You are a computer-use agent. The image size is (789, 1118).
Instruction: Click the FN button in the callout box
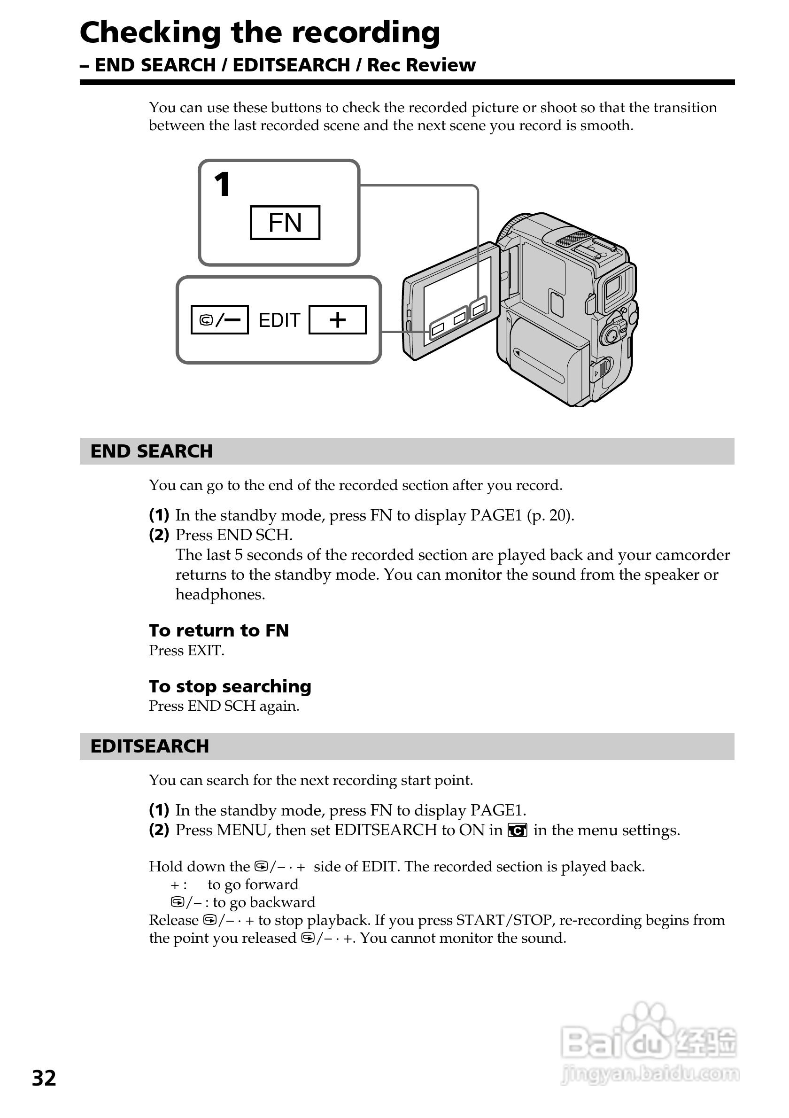click(285, 223)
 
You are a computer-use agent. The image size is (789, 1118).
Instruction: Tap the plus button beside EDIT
click(337, 320)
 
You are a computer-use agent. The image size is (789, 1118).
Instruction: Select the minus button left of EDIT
click(219, 320)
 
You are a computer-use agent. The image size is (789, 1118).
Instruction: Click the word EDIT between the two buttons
click(279, 320)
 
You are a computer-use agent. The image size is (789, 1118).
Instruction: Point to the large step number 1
click(223, 185)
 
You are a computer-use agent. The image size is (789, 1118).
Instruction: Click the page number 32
click(44, 1079)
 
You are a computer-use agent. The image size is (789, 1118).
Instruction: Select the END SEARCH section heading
click(151, 451)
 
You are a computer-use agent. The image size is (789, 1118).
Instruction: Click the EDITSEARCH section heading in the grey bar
click(149, 746)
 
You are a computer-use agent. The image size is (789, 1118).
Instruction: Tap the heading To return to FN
click(218, 630)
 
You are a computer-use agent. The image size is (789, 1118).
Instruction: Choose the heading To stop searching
click(230, 687)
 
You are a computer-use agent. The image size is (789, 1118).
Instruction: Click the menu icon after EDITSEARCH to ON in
click(518, 830)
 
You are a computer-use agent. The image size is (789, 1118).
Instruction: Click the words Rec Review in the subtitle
click(421, 65)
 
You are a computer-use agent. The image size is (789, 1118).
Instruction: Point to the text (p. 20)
click(550, 515)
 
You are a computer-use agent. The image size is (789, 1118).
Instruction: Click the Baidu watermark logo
click(650, 1044)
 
